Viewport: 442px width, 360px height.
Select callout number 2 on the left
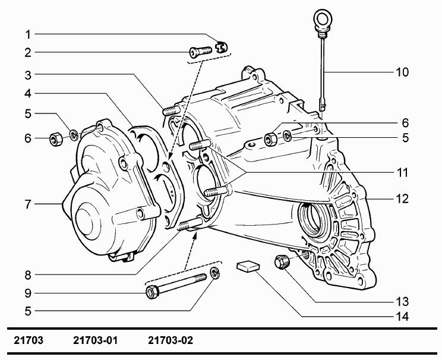[x=28, y=52]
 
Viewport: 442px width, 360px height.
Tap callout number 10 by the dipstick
[x=402, y=72]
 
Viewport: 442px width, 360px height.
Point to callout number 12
[x=402, y=199]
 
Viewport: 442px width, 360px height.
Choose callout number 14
[x=402, y=317]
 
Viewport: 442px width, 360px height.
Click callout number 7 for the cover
[x=28, y=204]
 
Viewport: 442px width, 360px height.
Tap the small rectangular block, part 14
[x=248, y=266]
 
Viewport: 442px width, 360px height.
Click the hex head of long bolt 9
[x=152, y=292]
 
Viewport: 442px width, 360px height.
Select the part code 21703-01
[x=96, y=341]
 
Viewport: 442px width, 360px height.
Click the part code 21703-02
[x=170, y=341]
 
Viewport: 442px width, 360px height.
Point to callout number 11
[x=402, y=173]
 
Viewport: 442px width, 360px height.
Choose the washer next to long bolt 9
[x=216, y=274]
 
